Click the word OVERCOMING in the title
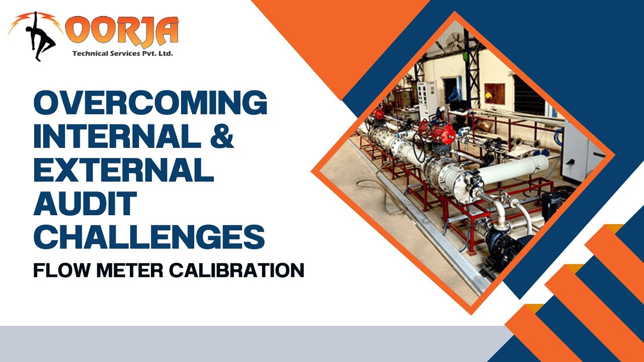(150, 104)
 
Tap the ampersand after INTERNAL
(220, 136)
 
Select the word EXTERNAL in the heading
(123, 169)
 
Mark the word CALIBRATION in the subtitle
(236, 270)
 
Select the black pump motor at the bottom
(504, 246)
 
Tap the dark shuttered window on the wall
(528, 96)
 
